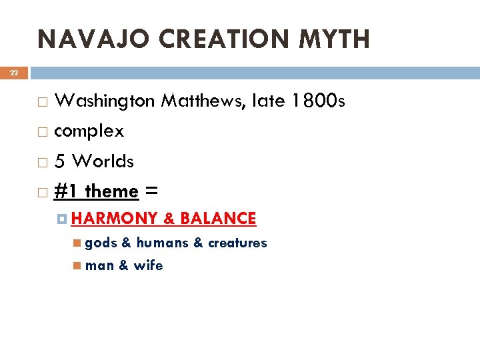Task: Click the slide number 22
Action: (13, 73)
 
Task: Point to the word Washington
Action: (105, 101)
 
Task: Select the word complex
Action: (89, 131)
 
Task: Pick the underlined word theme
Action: (111, 192)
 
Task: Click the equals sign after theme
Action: (151, 192)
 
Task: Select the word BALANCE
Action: (218, 219)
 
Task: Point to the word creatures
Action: (237, 243)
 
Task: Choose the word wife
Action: (148, 265)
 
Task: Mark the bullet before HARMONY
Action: (61, 219)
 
